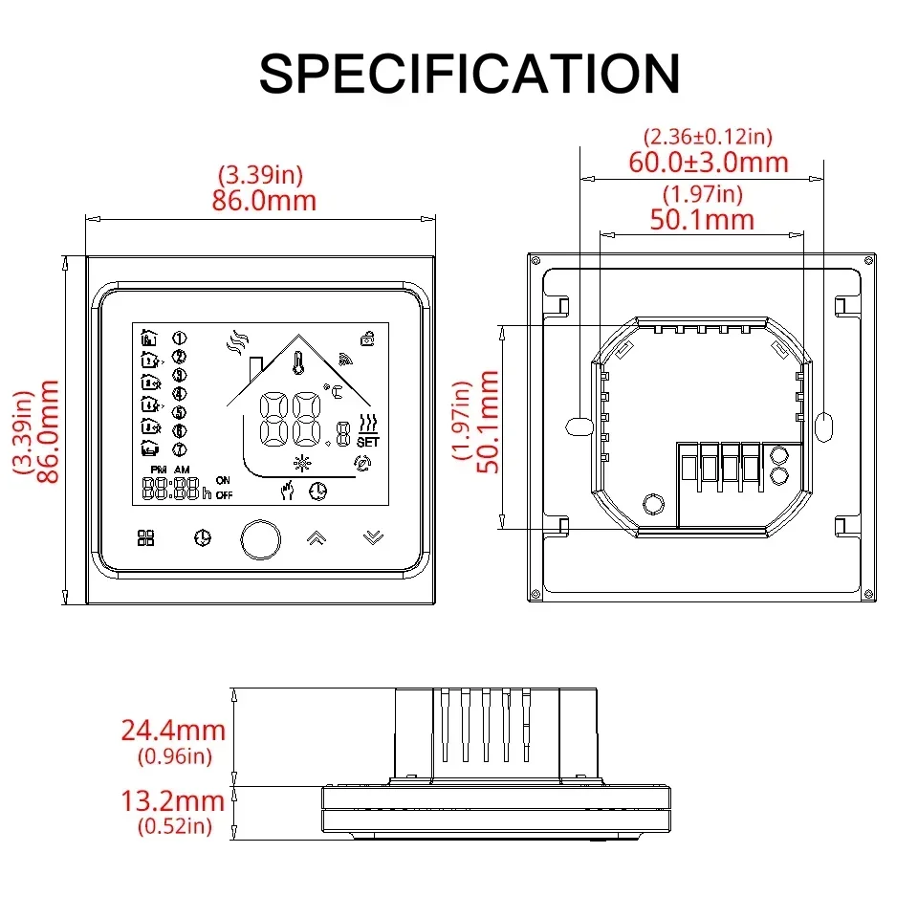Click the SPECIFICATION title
pyautogui.click(x=470, y=74)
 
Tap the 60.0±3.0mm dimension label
pyautogui.click(x=709, y=163)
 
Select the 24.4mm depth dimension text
pyautogui.click(x=173, y=730)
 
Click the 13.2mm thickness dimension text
pyautogui.click(x=173, y=801)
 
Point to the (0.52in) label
pyautogui.click(x=174, y=826)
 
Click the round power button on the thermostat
pyautogui.click(x=260, y=538)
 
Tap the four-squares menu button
pyautogui.click(x=145, y=537)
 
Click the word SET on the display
pyautogui.click(x=368, y=442)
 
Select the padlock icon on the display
pyautogui.click(x=367, y=339)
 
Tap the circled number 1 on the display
pyautogui.click(x=179, y=338)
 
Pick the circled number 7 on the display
pyautogui.click(x=179, y=449)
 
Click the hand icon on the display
pyautogui.click(x=287, y=490)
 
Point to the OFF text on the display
pyautogui.click(x=224, y=495)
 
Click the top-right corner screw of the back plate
pyautogui.click(x=869, y=260)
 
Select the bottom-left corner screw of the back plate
pyautogui.click(x=535, y=595)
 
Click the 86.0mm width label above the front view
pyautogui.click(x=264, y=200)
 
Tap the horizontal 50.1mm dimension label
pyautogui.click(x=702, y=220)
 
